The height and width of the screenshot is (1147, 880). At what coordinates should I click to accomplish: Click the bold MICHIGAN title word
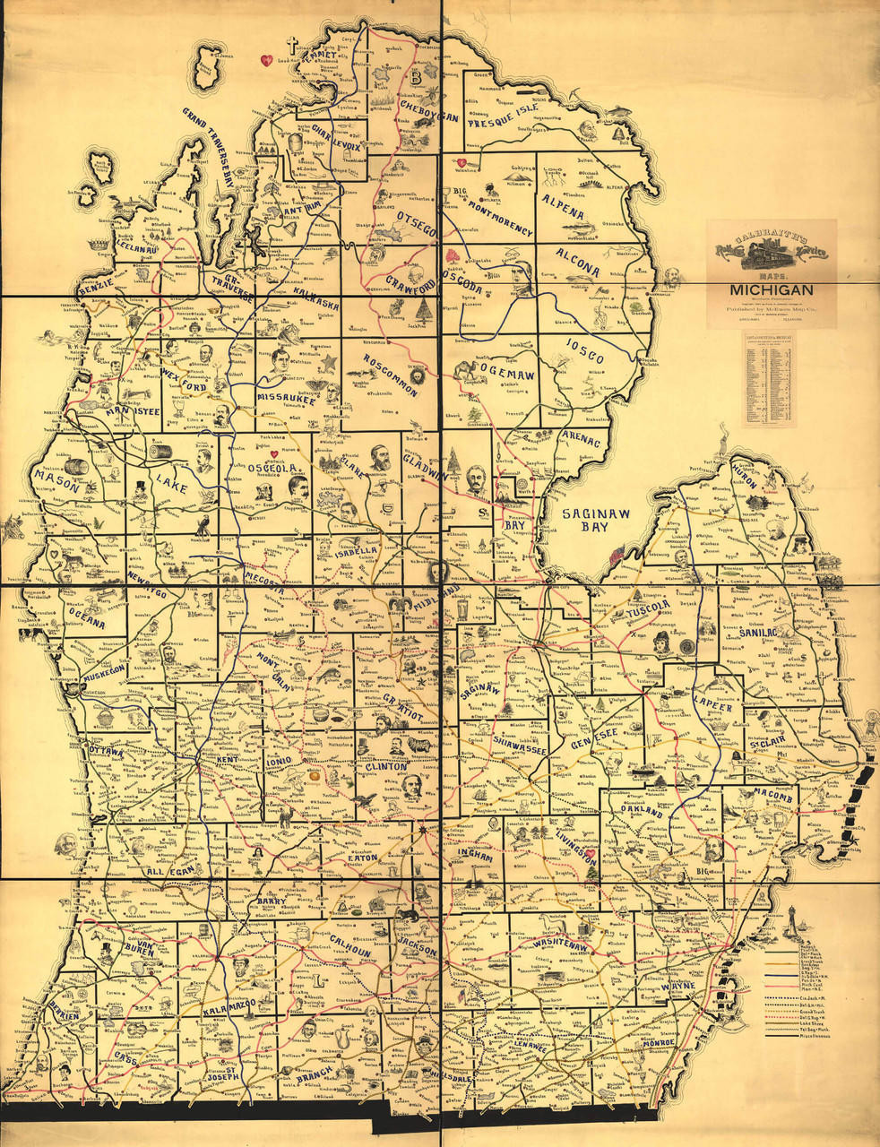pyautogui.click(x=771, y=289)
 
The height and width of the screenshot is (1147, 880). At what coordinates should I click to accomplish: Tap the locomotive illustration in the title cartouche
pyautogui.click(x=772, y=248)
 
